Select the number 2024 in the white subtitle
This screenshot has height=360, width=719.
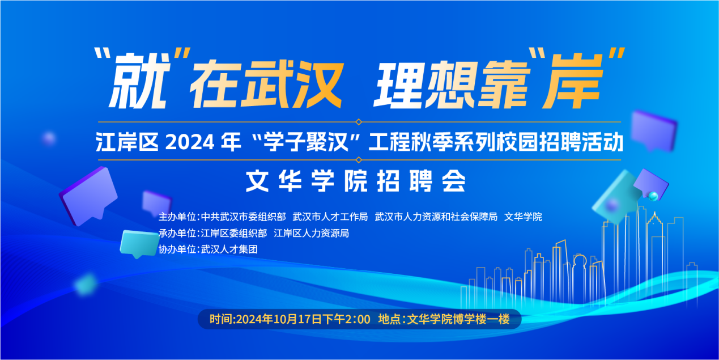(190, 142)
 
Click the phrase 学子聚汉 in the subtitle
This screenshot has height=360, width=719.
(305, 142)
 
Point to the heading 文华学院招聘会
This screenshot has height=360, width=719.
(356, 181)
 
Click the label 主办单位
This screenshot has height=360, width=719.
(177, 217)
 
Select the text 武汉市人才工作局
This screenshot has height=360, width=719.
(330, 217)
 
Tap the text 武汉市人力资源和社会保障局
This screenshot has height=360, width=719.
(436, 217)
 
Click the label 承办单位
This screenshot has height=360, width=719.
(177, 233)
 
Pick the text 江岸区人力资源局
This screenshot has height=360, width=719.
(312, 233)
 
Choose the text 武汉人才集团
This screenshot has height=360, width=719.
(229, 249)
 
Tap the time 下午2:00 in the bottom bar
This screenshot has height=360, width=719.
(346, 319)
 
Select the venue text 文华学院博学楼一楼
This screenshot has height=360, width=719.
(458, 319)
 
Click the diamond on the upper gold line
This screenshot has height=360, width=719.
(359, 122)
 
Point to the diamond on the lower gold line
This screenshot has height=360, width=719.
(359, 160)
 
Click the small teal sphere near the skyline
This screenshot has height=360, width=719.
(653, 196)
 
